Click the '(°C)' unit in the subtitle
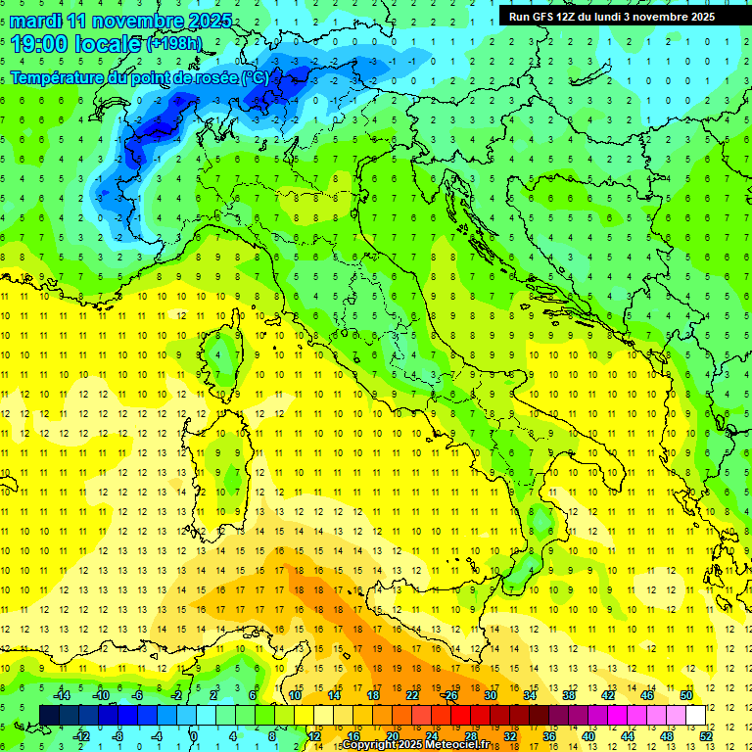(x=255, y=78)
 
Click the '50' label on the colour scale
(x=685, y=695)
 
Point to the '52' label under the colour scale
(x=704, y=735)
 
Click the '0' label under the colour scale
(x=194, y=735)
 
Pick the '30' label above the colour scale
(x=490, y=695)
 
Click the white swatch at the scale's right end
(x=695, y=715)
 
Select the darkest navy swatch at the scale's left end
(x=50, y=715)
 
